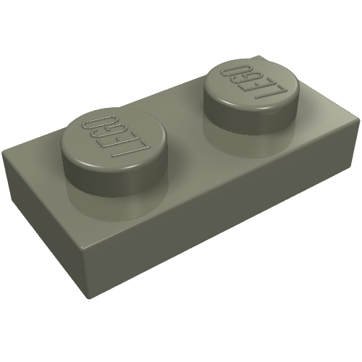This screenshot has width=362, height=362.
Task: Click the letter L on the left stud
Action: tap(131, 148)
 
